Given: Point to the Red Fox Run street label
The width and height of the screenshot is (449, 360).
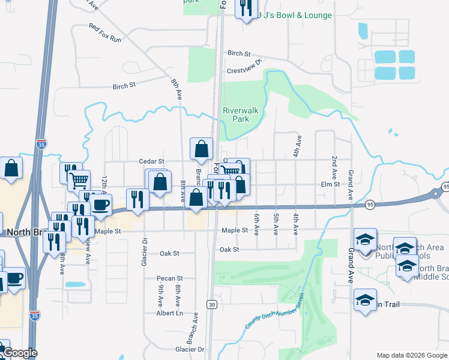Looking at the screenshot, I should click(105, 32).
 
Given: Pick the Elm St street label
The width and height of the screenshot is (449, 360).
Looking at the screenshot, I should click(330, 184).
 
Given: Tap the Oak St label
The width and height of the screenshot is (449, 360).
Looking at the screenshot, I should click(229, 249).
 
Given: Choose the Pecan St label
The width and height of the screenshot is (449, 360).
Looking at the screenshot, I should click(170, 278).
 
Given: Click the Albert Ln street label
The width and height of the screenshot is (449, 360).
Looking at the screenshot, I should click(169, 313).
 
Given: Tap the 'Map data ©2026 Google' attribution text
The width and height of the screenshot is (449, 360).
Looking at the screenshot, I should click(412, 355).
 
